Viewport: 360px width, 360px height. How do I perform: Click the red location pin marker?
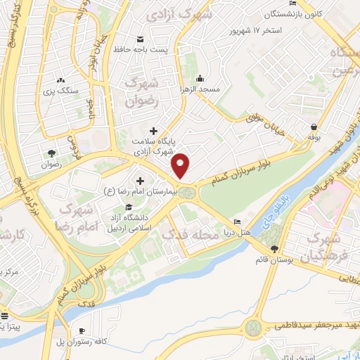181,165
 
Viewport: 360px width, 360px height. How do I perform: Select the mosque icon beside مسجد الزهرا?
200,78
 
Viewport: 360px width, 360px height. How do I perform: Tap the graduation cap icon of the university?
128,207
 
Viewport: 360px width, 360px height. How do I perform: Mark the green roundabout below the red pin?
187,192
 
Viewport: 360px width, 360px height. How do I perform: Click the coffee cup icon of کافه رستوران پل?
82,330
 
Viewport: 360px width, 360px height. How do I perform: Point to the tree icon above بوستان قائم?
274,249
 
